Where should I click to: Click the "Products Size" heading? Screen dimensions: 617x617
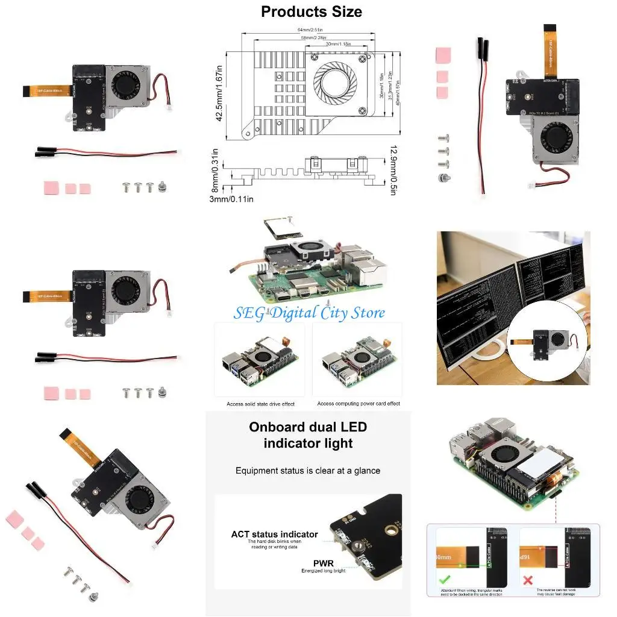click(312, 11)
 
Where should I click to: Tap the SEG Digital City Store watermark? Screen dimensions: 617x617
click(310, 313)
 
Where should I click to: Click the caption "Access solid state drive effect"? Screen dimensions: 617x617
click(260, 404)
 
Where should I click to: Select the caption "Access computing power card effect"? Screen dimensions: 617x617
click(359, 404)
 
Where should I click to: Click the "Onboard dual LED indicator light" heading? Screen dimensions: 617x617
click(308, 435)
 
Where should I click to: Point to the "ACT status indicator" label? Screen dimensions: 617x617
click(274, 534)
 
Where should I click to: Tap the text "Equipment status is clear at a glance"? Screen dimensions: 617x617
click(308, 471)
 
